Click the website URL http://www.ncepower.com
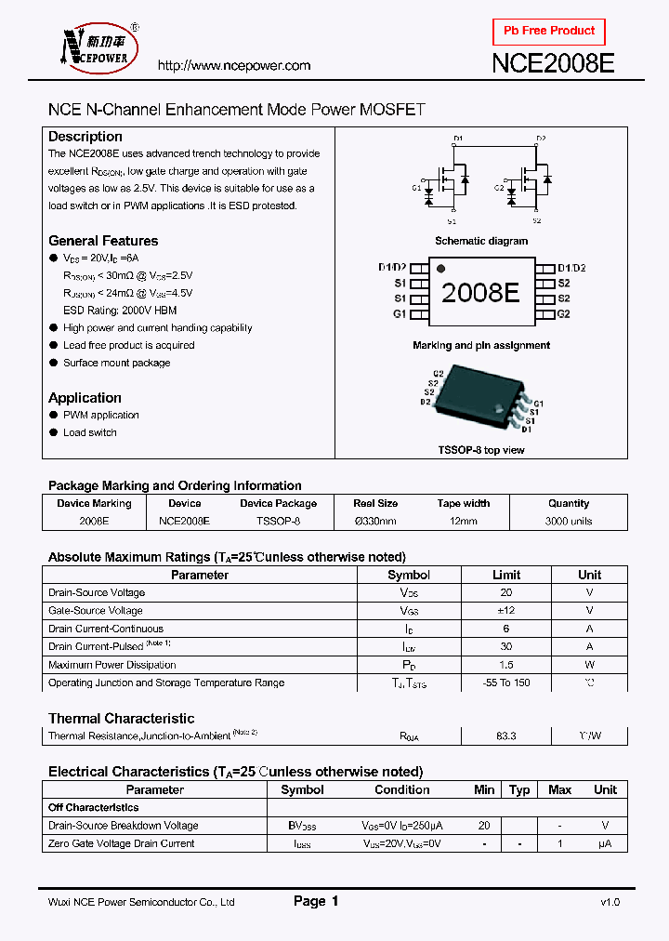pos(234,65)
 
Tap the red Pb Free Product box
pos(548,32)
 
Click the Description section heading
pos(85,137)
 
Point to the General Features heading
pos(103,241)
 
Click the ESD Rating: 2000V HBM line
pos(119,311)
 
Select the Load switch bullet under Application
pos(90,432)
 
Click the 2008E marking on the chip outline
pos(480,292)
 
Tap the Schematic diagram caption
pos(481,241)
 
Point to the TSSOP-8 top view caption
pos(481,450)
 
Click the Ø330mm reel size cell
pos(375,522)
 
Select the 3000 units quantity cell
pos(569,522)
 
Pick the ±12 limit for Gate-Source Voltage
pos(506,611)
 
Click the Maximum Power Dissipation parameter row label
pos(111,665)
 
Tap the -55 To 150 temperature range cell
pos(506,683)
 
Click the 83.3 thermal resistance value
pos(506,736)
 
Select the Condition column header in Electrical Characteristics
pos(402,789)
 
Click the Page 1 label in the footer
pos(316,901)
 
